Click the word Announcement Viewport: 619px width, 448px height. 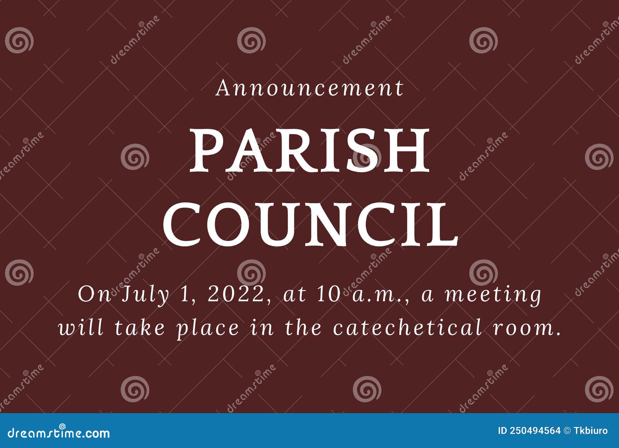pyautogui.click(x=309, y=88)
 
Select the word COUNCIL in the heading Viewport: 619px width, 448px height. pyautogui.click(x=310, y=225)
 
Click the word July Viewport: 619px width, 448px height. pyautogui.click(x=146, y=295)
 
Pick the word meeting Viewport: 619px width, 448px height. pyautogui.click(x=494, y=295)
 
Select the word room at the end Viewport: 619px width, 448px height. pyautogui.click(x=527, y=328)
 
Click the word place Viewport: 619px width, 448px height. pyautogui.click(x=208, y=328)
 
